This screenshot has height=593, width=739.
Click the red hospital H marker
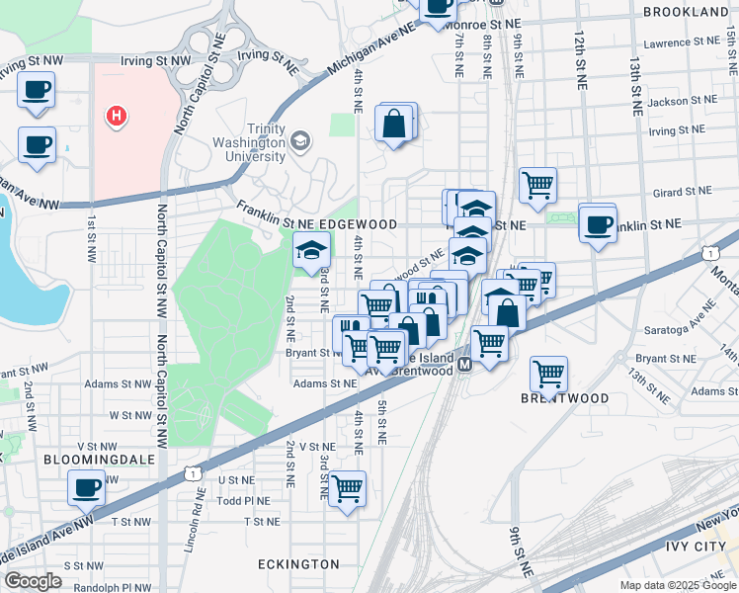pyautogui.click(x=117, y=117)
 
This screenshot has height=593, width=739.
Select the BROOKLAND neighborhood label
pyautogui.click(x=685, y=12)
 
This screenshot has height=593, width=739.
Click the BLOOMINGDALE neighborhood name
pyautogui.click(x=85, y=460)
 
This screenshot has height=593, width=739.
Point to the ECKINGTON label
pyautogui.click(x=298, y=564)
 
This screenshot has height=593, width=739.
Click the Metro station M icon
pyautogui.click(x=463, y=366)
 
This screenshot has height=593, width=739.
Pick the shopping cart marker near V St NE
pyautogui.click(x=347, y=487)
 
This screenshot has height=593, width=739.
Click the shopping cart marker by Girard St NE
pyautogui.click(x=537, y=184)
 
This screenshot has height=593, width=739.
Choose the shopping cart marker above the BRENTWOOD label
pyautogui.click(x=548, y=374)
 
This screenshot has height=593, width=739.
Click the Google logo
pyautogui.click(x=33, y=581)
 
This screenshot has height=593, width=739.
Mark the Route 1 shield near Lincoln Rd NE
pyautogui.click(x=190, y=474)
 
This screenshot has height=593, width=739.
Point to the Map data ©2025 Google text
pyautogui.click(x=677, y=585)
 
